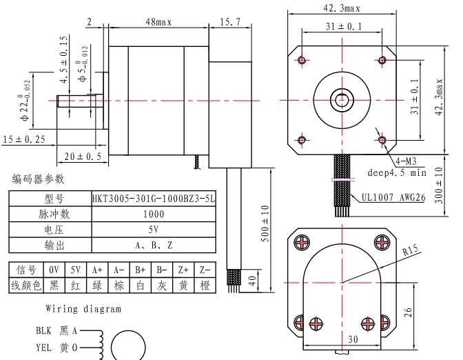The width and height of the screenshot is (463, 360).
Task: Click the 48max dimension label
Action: pos(158,22)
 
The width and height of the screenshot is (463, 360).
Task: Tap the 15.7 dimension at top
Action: pos(229,22)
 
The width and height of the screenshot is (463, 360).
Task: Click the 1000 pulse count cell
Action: pos(154,214)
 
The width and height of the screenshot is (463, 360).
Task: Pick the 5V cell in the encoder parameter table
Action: pos(154,230)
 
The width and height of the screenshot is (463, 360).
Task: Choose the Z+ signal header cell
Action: pos(183,270)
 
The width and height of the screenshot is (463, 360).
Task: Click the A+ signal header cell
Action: pos(97,270)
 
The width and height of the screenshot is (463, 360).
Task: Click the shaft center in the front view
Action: pos(342,99)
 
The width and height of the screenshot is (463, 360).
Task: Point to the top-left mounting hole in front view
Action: pos(302,60)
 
